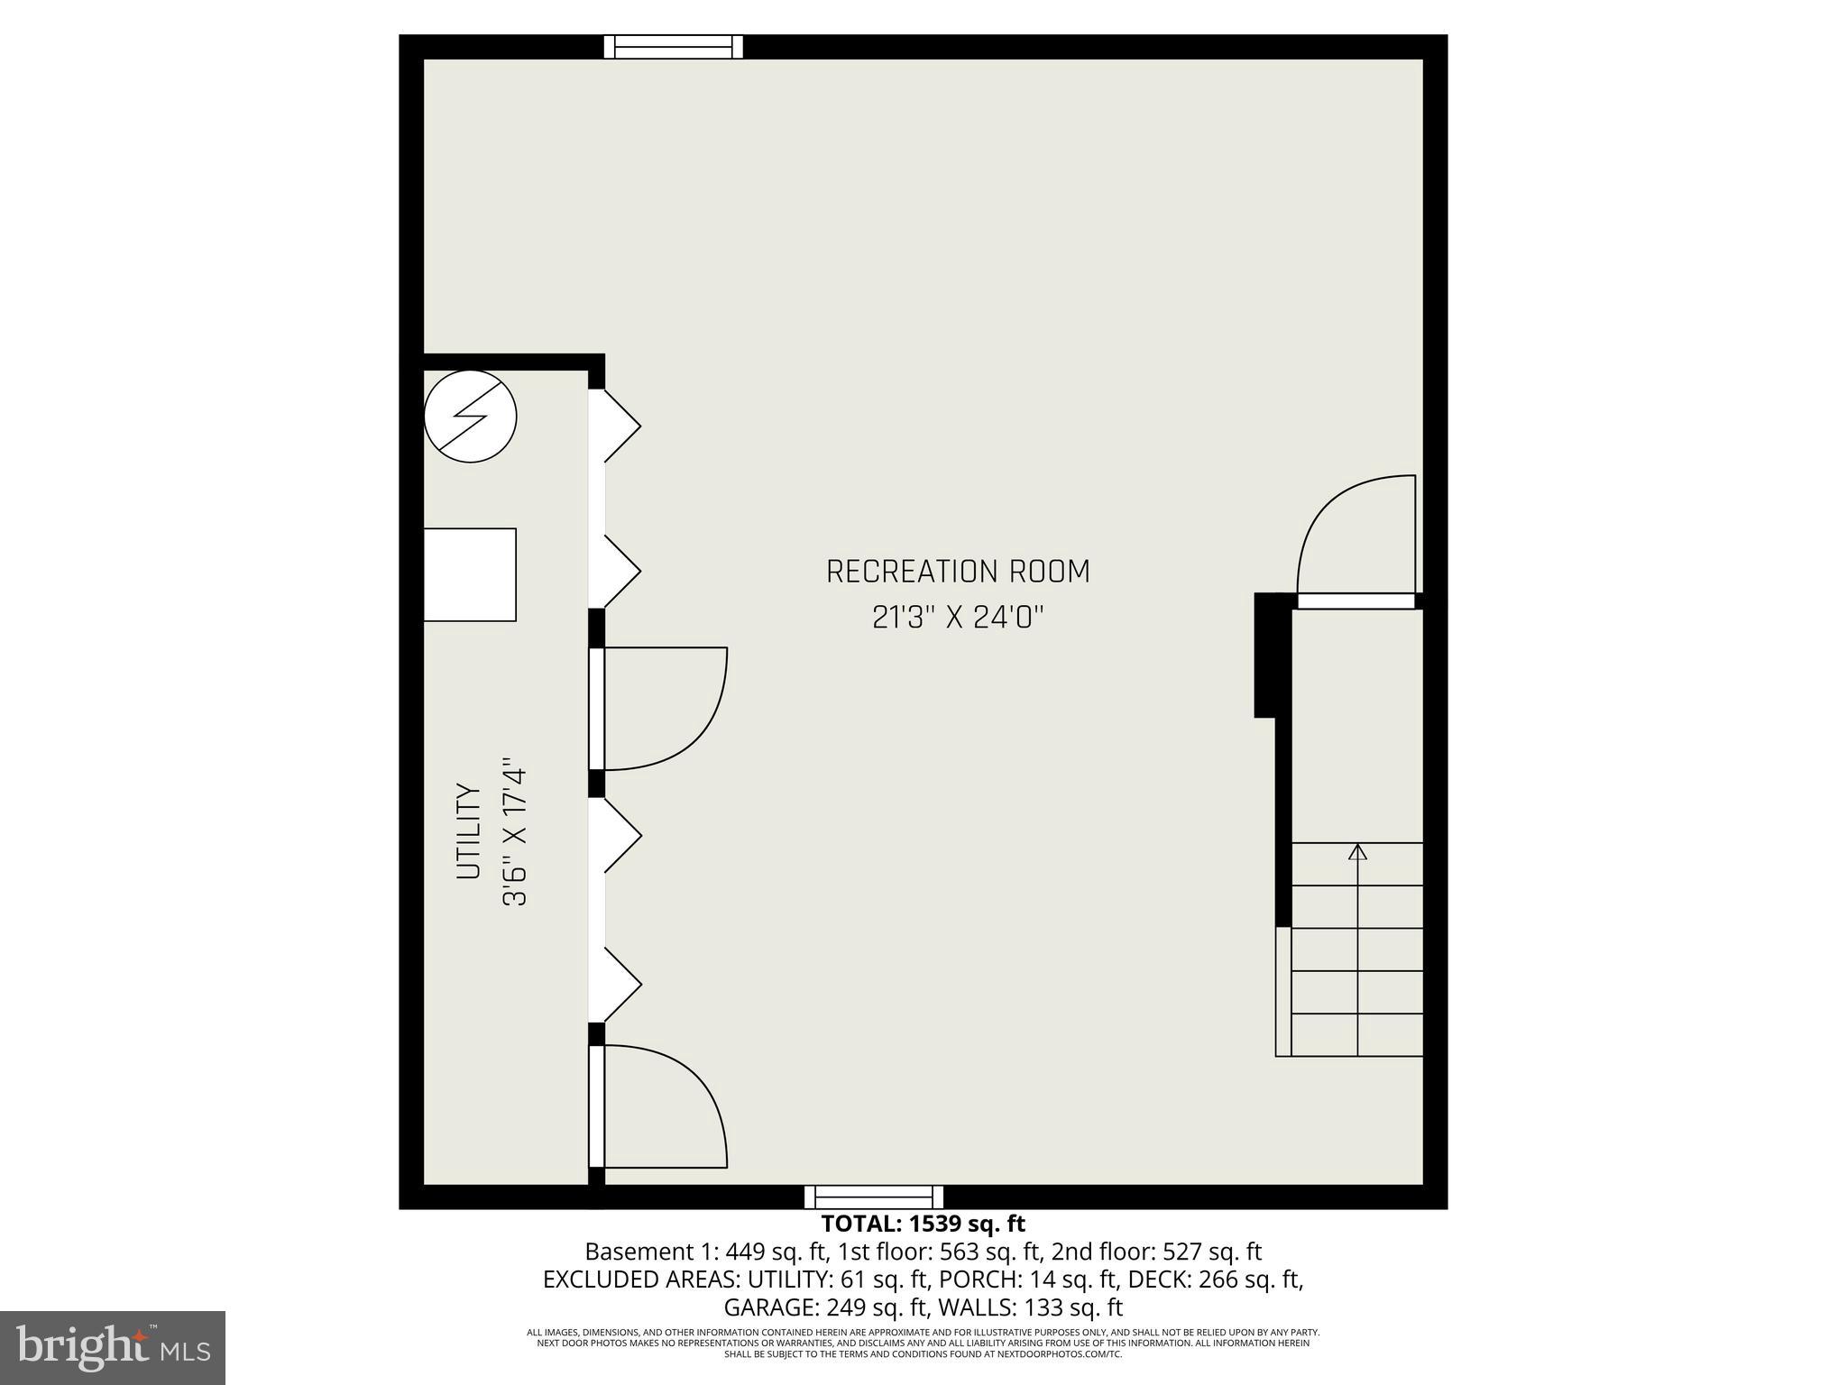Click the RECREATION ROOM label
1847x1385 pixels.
point(958,572)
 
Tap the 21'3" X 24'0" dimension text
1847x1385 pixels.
point(958,618)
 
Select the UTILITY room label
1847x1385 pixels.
point(468,831)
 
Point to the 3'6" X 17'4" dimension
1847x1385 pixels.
point(514,831)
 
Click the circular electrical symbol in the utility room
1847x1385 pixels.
point(470,417)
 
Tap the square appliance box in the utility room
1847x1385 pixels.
point(470,574)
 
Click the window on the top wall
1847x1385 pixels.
point(673,47)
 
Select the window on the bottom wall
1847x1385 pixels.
point(874,1197)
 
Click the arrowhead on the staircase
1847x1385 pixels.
point(1357,851)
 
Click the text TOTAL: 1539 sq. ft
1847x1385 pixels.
point(923,1224)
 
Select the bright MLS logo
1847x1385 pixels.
point(113,1347)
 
